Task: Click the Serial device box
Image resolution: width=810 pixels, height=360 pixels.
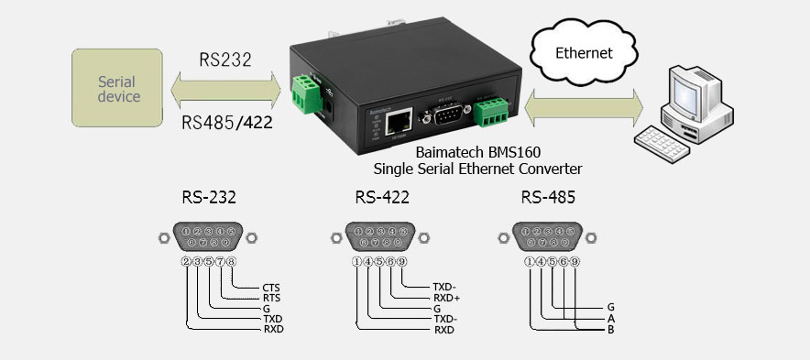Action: click(118, 88)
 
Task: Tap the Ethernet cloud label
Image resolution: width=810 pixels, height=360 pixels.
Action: click(584, 53)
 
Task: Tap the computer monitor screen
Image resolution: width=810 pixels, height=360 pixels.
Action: click(688, 93)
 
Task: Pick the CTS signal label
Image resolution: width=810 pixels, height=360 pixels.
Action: click(271, 288)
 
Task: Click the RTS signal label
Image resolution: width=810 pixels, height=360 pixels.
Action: click(271, 298)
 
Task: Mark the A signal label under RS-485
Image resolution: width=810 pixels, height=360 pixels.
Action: click(610, 317)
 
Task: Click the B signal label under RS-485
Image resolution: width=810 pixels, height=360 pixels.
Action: click(610, 328)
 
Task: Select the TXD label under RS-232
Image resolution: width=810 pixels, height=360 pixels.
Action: click(272, 318)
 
